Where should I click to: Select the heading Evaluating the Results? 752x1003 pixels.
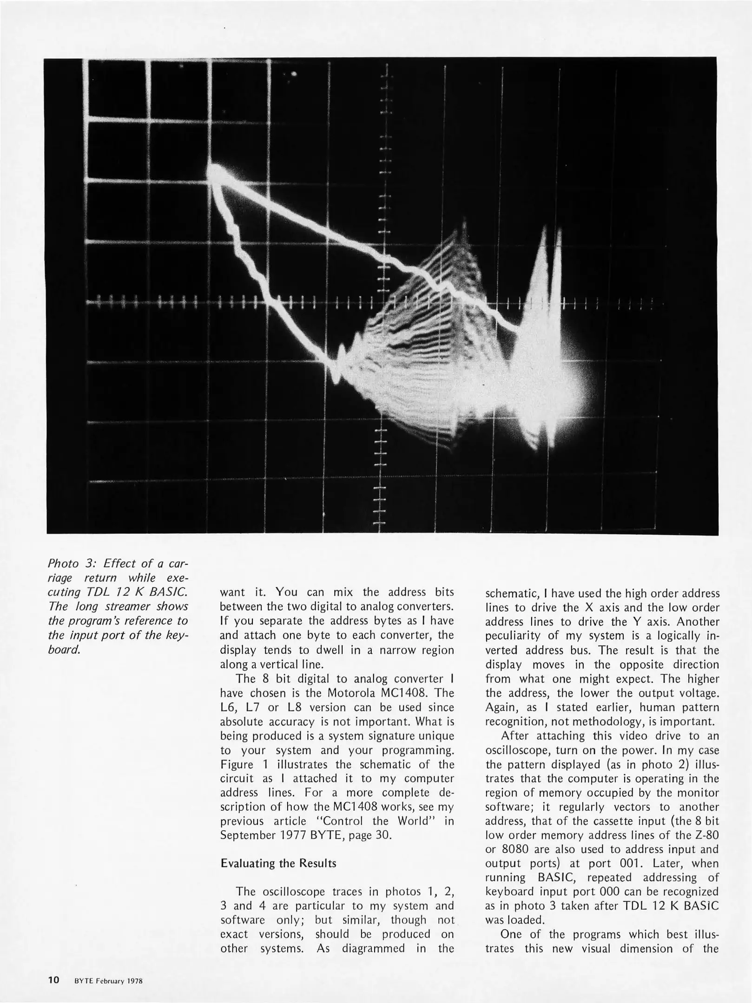tap(278, 863)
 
